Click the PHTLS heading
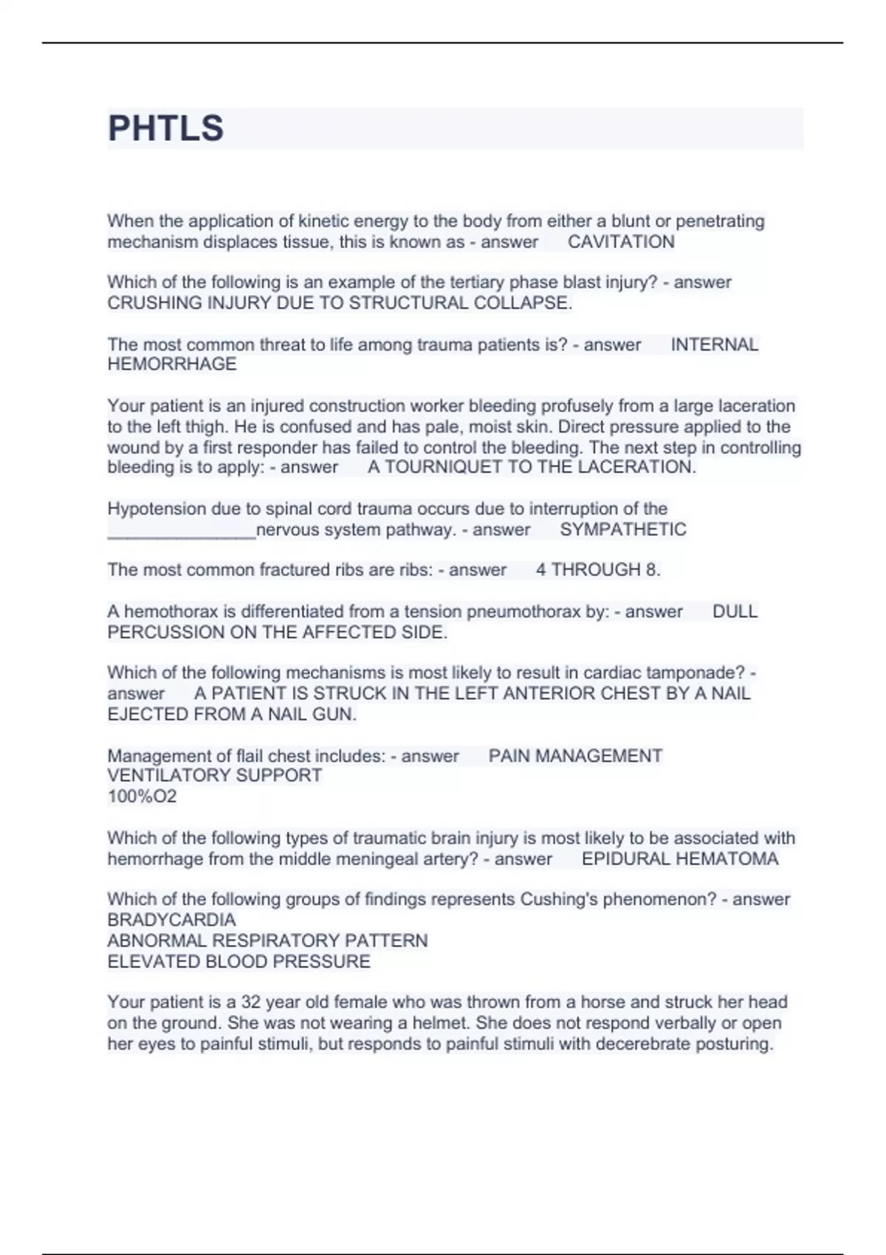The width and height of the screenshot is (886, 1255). pos(165,128)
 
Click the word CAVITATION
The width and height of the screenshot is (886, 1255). pos(621,242)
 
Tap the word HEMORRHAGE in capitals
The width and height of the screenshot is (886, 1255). pos(172,365)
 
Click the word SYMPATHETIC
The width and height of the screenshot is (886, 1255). pos(623,529)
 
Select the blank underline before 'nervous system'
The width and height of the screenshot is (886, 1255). pos(182,533)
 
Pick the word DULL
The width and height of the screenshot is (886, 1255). pos(735,612)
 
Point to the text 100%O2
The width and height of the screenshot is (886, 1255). pos(142,797)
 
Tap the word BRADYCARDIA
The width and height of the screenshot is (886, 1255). pos(171,921)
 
